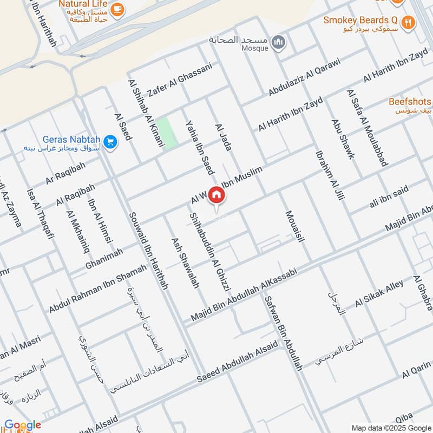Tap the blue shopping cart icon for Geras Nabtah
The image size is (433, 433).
[110, 142]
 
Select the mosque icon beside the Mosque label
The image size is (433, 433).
[278, 42]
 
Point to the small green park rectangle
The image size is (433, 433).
[169, 134]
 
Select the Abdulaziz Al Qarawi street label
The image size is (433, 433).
[304, 76]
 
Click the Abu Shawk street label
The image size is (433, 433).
[343, 139]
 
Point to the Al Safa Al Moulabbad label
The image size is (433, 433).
[367, 128]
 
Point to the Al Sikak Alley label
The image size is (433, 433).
[379, 294]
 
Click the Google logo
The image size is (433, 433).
[22, 425]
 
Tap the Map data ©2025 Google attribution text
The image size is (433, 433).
[390, 427]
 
